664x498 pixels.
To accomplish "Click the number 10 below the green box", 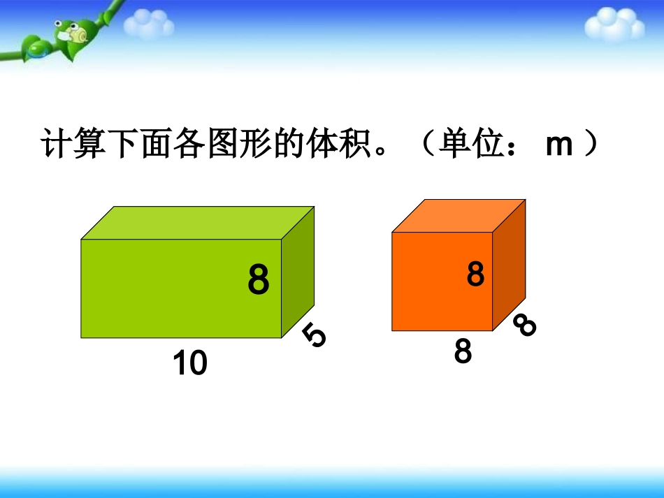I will (190, 363).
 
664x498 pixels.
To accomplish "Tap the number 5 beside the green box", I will (315, 337).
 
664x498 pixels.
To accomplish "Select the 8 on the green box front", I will (258, 281).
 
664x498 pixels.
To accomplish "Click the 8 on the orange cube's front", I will (475, 274).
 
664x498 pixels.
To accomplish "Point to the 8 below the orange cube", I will (463, 351).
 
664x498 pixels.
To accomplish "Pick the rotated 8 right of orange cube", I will (524, 325).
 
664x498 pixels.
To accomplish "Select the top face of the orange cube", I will (458, 216).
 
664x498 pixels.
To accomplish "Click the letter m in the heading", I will (558, 146).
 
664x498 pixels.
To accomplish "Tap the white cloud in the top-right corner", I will (614, 26).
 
